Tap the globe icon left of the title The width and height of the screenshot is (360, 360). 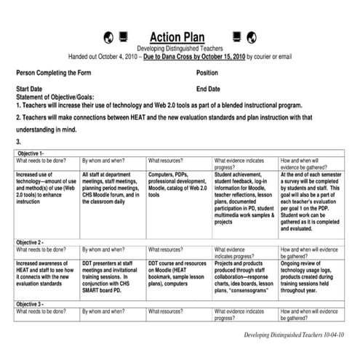pyautogui.click(x=109, y=36)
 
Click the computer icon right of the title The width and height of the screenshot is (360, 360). pyautogui.click(x=236, y=36)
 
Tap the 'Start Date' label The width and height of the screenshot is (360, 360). pyautogui.click(x=32, y=89)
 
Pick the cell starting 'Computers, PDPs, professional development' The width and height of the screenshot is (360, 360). pyautogui.click(x=177, y=185)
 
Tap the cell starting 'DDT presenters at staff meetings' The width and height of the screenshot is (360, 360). pyautogui.click(x=112, y=273)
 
